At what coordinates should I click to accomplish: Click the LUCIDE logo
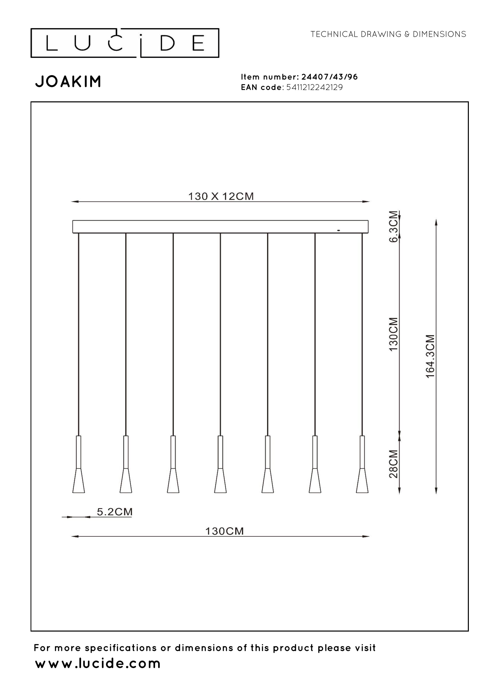click(x=125, y=43)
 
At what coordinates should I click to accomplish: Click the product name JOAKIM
click(x=68, y=82)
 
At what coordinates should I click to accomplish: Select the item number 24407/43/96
click(x=329, y=77)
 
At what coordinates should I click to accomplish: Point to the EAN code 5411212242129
click(x=314, y=87)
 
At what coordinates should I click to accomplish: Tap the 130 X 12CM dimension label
click(x=221, y=196)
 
